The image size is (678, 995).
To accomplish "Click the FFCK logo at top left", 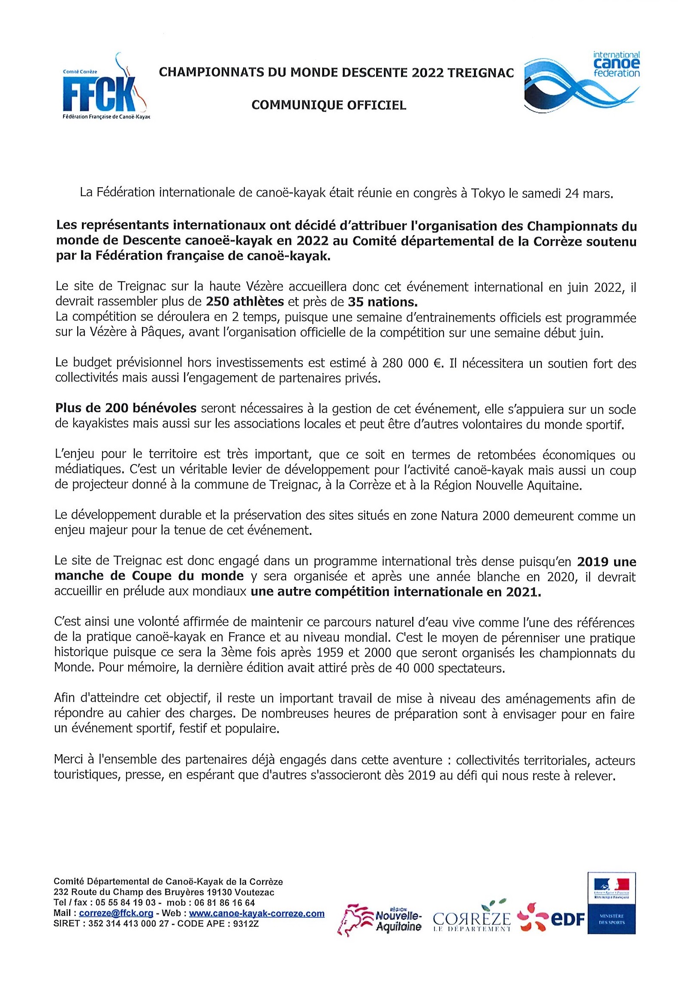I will pos(105,88).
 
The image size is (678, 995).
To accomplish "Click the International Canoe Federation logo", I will pos(582,82).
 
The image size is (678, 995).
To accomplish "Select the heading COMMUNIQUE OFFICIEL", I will pos(328,105).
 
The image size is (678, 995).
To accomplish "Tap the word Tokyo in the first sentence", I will pos(488,193).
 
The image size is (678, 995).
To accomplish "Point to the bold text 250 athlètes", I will pos(245,302).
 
